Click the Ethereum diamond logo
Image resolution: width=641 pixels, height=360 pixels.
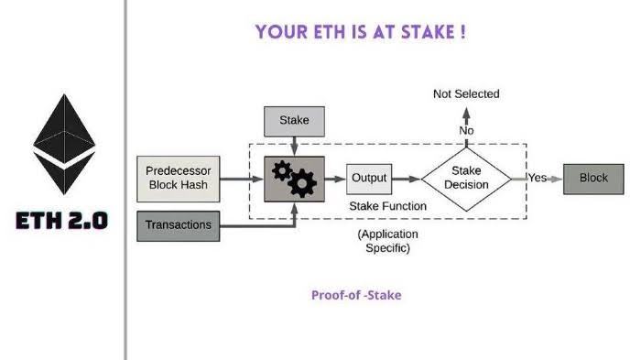coord(64,147)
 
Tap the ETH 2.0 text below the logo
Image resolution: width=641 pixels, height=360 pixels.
coord(61,221)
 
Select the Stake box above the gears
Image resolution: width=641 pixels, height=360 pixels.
coord(293,120)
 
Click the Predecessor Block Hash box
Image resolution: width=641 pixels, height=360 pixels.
coord(179,179)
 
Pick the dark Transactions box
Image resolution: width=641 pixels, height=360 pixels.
coord(178,225)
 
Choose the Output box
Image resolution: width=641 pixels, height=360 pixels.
coord(369,179)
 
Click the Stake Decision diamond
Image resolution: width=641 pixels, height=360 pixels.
coord(467,179)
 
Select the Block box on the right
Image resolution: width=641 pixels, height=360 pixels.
coord(592,179)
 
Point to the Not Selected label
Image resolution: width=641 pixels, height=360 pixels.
coord(466,94)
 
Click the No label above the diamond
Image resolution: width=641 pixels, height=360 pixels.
coord(466,131)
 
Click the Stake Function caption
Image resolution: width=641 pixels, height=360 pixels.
coord(387,206)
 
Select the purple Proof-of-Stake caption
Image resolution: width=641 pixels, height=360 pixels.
coord(356,296)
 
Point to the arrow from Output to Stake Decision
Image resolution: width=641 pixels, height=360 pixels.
coord(407,179)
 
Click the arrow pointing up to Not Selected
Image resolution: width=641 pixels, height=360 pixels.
coord(466,115)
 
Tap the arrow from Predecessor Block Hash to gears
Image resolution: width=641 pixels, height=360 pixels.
coord(242,179)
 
